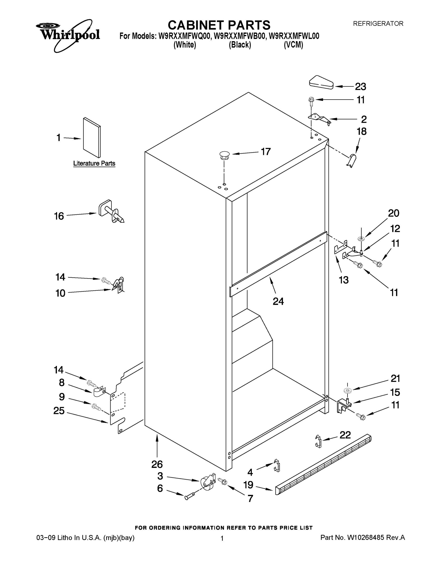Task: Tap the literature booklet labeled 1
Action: point(92,138)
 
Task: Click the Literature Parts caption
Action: point(94,163)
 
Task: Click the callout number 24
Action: point(278,301)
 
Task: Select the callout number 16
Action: point(59,216)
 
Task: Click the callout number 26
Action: point(157,464)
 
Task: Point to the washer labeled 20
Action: point(362,238)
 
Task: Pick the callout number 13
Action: point(344,280)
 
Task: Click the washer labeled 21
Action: point(348,391)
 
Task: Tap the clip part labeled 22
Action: point(318,441)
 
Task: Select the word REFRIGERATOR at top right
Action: point(378,24)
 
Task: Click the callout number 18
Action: point(362,132)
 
